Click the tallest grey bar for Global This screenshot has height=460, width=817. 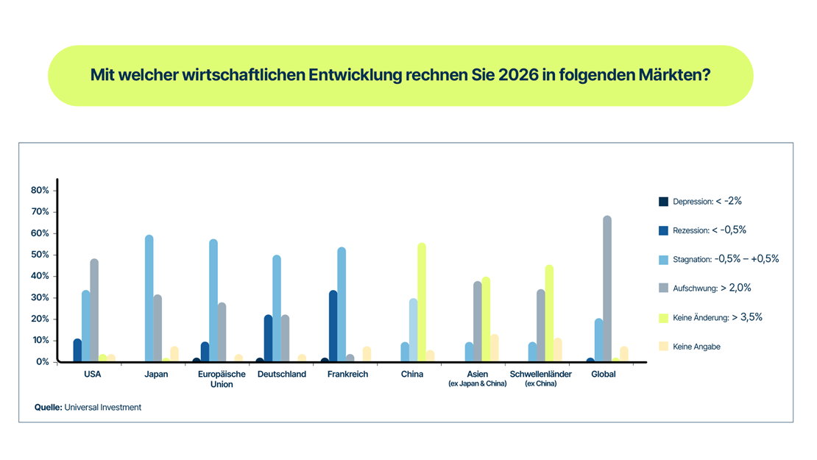coord(607,289)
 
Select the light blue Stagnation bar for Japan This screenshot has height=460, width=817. coord(149,299)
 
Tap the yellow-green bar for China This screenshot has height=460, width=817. coord(422,302)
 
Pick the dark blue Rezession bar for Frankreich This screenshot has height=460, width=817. coord(333,326)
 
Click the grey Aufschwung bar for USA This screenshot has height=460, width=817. coord(94,310)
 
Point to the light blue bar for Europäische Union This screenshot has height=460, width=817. coord(213,300)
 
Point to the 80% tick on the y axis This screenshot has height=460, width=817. coord(40,190)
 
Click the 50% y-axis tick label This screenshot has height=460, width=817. coord(40,255)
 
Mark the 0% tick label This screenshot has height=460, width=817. coord(43,362)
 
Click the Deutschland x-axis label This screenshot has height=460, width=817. coord(282,375)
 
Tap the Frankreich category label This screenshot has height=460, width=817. coord(347,375)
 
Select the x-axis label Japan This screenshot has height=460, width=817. coord(156,375)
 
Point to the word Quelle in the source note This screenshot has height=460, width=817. coord(47,407)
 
